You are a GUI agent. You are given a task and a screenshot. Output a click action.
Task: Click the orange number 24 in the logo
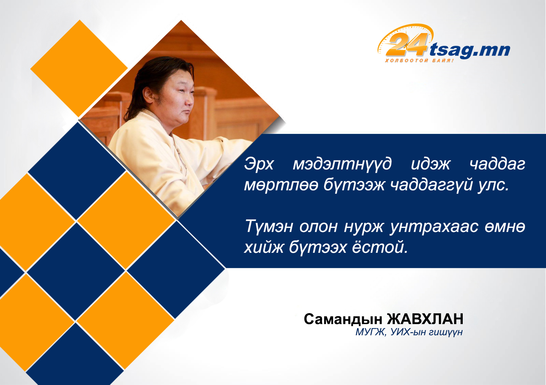coord(406,45)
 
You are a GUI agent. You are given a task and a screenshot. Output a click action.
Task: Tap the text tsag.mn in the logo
coord(470,50)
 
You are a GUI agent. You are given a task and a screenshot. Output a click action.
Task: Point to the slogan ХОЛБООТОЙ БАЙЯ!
coord(419,60)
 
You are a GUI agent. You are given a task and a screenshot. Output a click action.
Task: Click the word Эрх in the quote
coord(259,164)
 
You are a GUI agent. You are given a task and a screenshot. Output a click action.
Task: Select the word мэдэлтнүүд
coord(342,165)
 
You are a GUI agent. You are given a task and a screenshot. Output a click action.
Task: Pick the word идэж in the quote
coord(431,164)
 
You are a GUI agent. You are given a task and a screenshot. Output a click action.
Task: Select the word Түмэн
coord(269,227)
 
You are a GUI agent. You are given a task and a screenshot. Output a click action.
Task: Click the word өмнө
coord(505,227)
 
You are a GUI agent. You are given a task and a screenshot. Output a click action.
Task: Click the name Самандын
coord(343,319)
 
